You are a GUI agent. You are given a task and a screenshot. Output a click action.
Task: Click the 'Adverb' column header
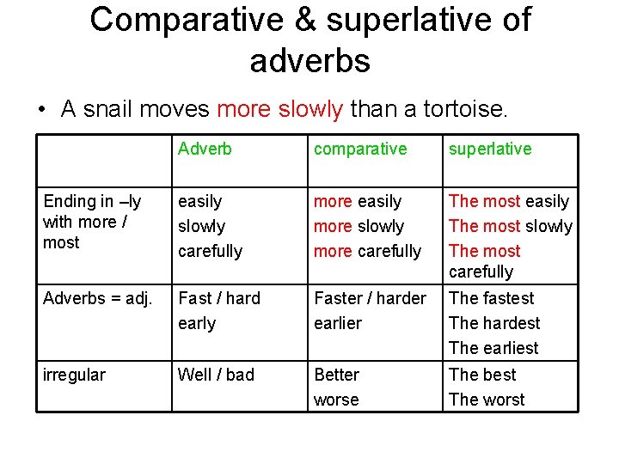(x=205, y=149)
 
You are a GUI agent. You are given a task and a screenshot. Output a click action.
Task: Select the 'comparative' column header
(x=360, y=149)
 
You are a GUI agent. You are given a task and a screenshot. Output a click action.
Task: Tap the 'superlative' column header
(x=490, y=149)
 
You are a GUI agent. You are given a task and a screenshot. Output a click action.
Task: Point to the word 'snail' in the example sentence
(x=107, y=109)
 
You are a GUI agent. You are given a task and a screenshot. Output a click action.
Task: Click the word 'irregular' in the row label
(x=74, y=375)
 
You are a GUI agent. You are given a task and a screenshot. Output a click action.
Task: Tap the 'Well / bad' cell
(x=216, y=375)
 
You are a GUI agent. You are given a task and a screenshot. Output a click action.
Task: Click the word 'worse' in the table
(x=336, y=400)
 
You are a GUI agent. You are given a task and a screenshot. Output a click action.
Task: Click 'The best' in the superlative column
(x=482, y=375)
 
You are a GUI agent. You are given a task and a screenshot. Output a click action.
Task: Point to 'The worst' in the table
(x=487, y=400)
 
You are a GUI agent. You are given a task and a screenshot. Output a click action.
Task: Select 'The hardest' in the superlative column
(x=494, y=323)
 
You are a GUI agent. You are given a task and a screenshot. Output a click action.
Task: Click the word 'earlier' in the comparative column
(x=338, y=323)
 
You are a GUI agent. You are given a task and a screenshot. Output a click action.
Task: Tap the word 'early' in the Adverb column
(x=197, y=323)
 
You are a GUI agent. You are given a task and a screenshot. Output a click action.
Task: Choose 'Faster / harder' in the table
(x=370, y=298)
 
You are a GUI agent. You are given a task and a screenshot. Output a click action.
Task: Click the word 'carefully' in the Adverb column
(x=210, y=251)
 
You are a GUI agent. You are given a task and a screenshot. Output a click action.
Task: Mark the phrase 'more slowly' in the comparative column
(x=359, y=226)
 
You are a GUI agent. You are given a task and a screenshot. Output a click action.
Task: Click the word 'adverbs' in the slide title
(x=309, y=60)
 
